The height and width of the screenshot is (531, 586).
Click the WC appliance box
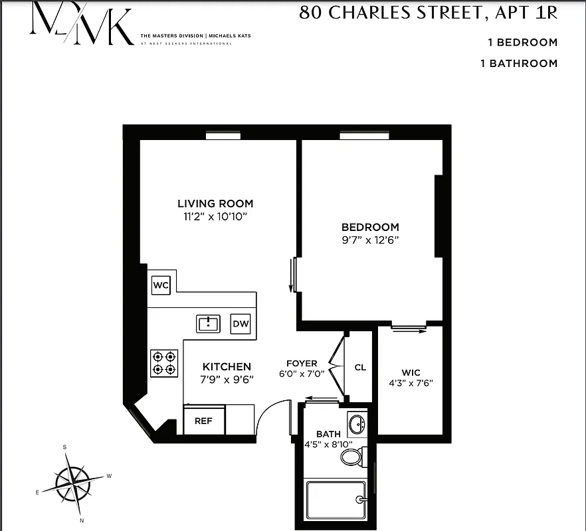[161, 285]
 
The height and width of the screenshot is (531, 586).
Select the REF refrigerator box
[203, 421]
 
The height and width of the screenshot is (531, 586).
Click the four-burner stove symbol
[165, 362]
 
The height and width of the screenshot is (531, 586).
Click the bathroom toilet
[351, 455]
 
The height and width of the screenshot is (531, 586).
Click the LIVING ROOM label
[215, 204]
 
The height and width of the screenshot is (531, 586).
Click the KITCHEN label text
[227, 366]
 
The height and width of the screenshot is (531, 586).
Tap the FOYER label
[302, 363]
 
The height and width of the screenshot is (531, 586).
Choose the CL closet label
[360, 367]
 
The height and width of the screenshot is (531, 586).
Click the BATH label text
[328, 434]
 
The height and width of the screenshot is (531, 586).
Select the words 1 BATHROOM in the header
[518, 64]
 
